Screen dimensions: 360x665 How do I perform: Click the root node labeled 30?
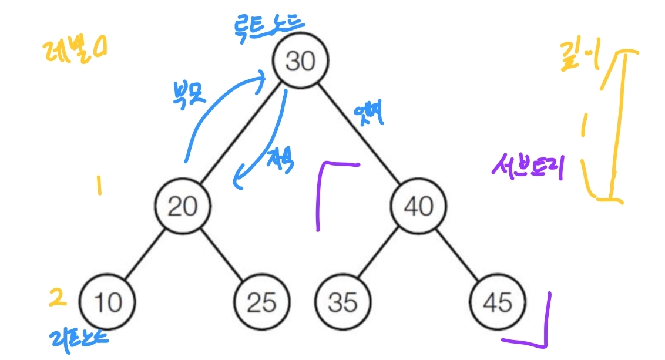click(300, 60)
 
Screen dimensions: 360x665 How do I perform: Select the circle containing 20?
click(183, 205)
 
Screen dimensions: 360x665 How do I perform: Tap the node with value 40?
click(419, 205)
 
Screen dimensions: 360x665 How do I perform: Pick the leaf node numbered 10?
click(107, 302)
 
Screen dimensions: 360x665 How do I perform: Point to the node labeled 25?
click(261, 302)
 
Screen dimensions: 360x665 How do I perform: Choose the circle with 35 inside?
click(342, 302)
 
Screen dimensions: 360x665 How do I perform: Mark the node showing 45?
click(498, 302)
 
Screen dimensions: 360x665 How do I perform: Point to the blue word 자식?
click(280, 157)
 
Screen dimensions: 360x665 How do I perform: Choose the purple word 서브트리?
click(528, 169)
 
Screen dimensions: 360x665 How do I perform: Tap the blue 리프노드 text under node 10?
click(79, 338)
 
